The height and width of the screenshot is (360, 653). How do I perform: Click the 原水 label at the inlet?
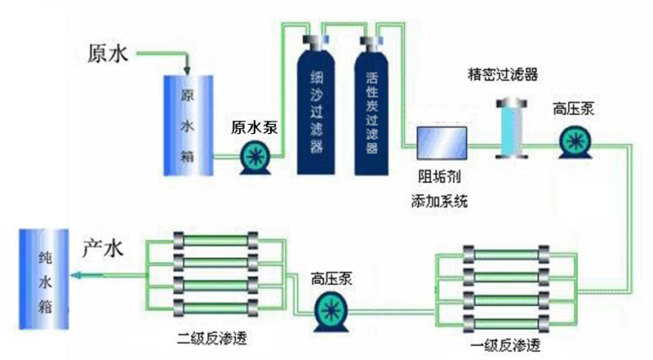click(x=108, y=55)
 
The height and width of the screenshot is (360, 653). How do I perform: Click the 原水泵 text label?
click(x=255, y=127)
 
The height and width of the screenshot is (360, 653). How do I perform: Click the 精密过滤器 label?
click(x=502, y=76)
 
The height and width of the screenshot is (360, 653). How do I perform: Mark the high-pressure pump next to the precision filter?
click(x=575, y=144)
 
